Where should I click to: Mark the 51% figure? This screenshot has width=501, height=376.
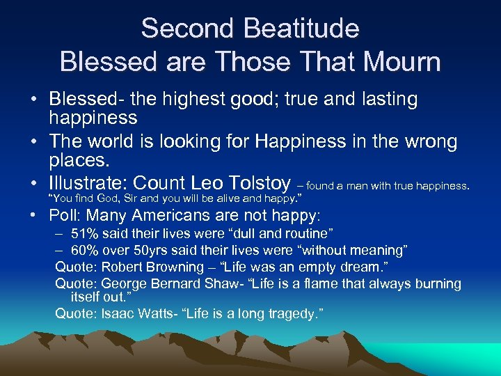click(x=85, y=233)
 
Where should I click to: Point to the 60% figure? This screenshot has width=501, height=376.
click(x=85, y=250)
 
